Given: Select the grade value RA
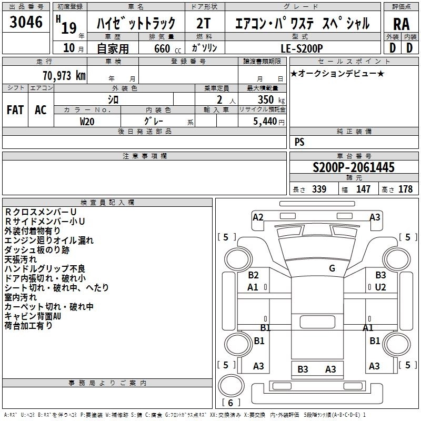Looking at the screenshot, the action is [x=401, y=24].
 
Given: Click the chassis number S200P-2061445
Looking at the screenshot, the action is [x=353, y=167].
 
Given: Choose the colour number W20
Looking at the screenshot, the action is [x=88, y=121].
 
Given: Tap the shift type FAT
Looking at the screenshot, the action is [x=15, y=109].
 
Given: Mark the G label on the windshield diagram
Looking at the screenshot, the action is [x=332, y=268].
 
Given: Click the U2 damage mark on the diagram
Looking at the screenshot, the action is [x=380, y=287].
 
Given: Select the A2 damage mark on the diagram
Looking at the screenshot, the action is [x=258, y=217].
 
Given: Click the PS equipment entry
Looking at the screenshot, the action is [x=299, y=142].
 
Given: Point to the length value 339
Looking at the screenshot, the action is [x=318, y=189].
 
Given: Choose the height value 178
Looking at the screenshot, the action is [x=405, y=189].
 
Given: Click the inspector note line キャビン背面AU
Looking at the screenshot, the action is [x=33, y=316].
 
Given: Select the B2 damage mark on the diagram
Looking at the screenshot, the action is [x=253, y=275].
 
